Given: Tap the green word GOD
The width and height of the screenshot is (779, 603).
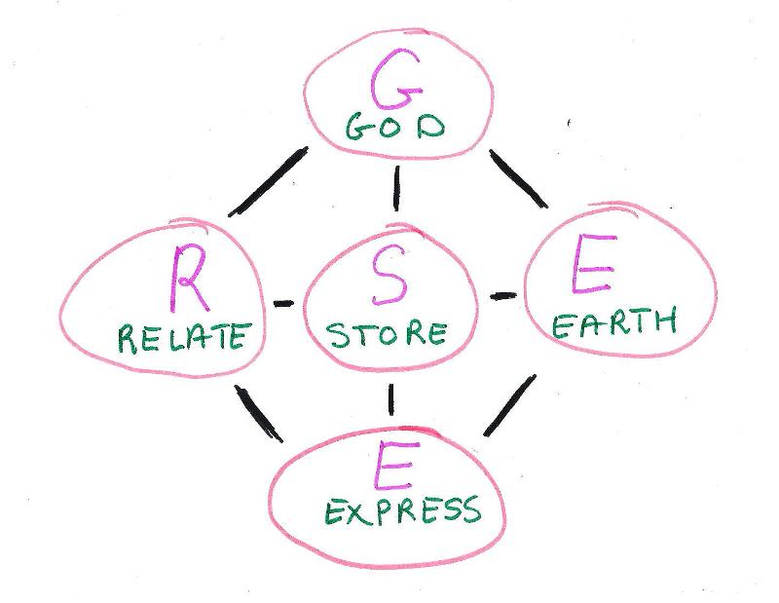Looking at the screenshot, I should click(394, 129).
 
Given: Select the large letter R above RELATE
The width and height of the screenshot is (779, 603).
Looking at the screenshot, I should click(186, 278).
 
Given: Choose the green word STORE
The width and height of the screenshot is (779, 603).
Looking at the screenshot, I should click(387, 334).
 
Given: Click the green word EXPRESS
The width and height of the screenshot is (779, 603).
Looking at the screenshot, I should click(401, 510).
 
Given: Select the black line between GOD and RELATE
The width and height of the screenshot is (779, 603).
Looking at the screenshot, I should click(268, 182).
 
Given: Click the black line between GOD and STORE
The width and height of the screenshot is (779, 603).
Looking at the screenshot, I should click(396, 189).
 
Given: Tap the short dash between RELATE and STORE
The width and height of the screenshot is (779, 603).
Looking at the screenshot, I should click(282, 304).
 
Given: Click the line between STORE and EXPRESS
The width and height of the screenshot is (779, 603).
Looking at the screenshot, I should click(391, 397).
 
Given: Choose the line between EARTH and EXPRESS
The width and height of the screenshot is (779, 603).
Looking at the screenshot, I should click(510, 405).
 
